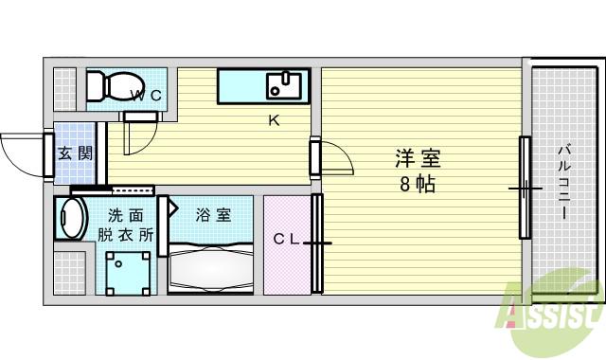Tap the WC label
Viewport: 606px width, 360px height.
click(148, 95)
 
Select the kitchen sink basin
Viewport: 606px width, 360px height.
click(282, 85)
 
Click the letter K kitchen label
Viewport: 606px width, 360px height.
click(273, 120)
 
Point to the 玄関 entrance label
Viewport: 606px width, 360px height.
click(74, 152)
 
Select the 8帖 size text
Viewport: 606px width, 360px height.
click(417, 185)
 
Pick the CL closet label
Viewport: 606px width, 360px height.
click(287, 240)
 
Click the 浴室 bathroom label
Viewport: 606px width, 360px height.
click(212, 214)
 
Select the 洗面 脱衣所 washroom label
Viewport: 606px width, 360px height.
click(123, 225)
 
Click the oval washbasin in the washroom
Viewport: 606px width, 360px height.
click(68, 218)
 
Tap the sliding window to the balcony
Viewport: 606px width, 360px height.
click(523, 188)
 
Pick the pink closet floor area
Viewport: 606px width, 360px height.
click(286, 265)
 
